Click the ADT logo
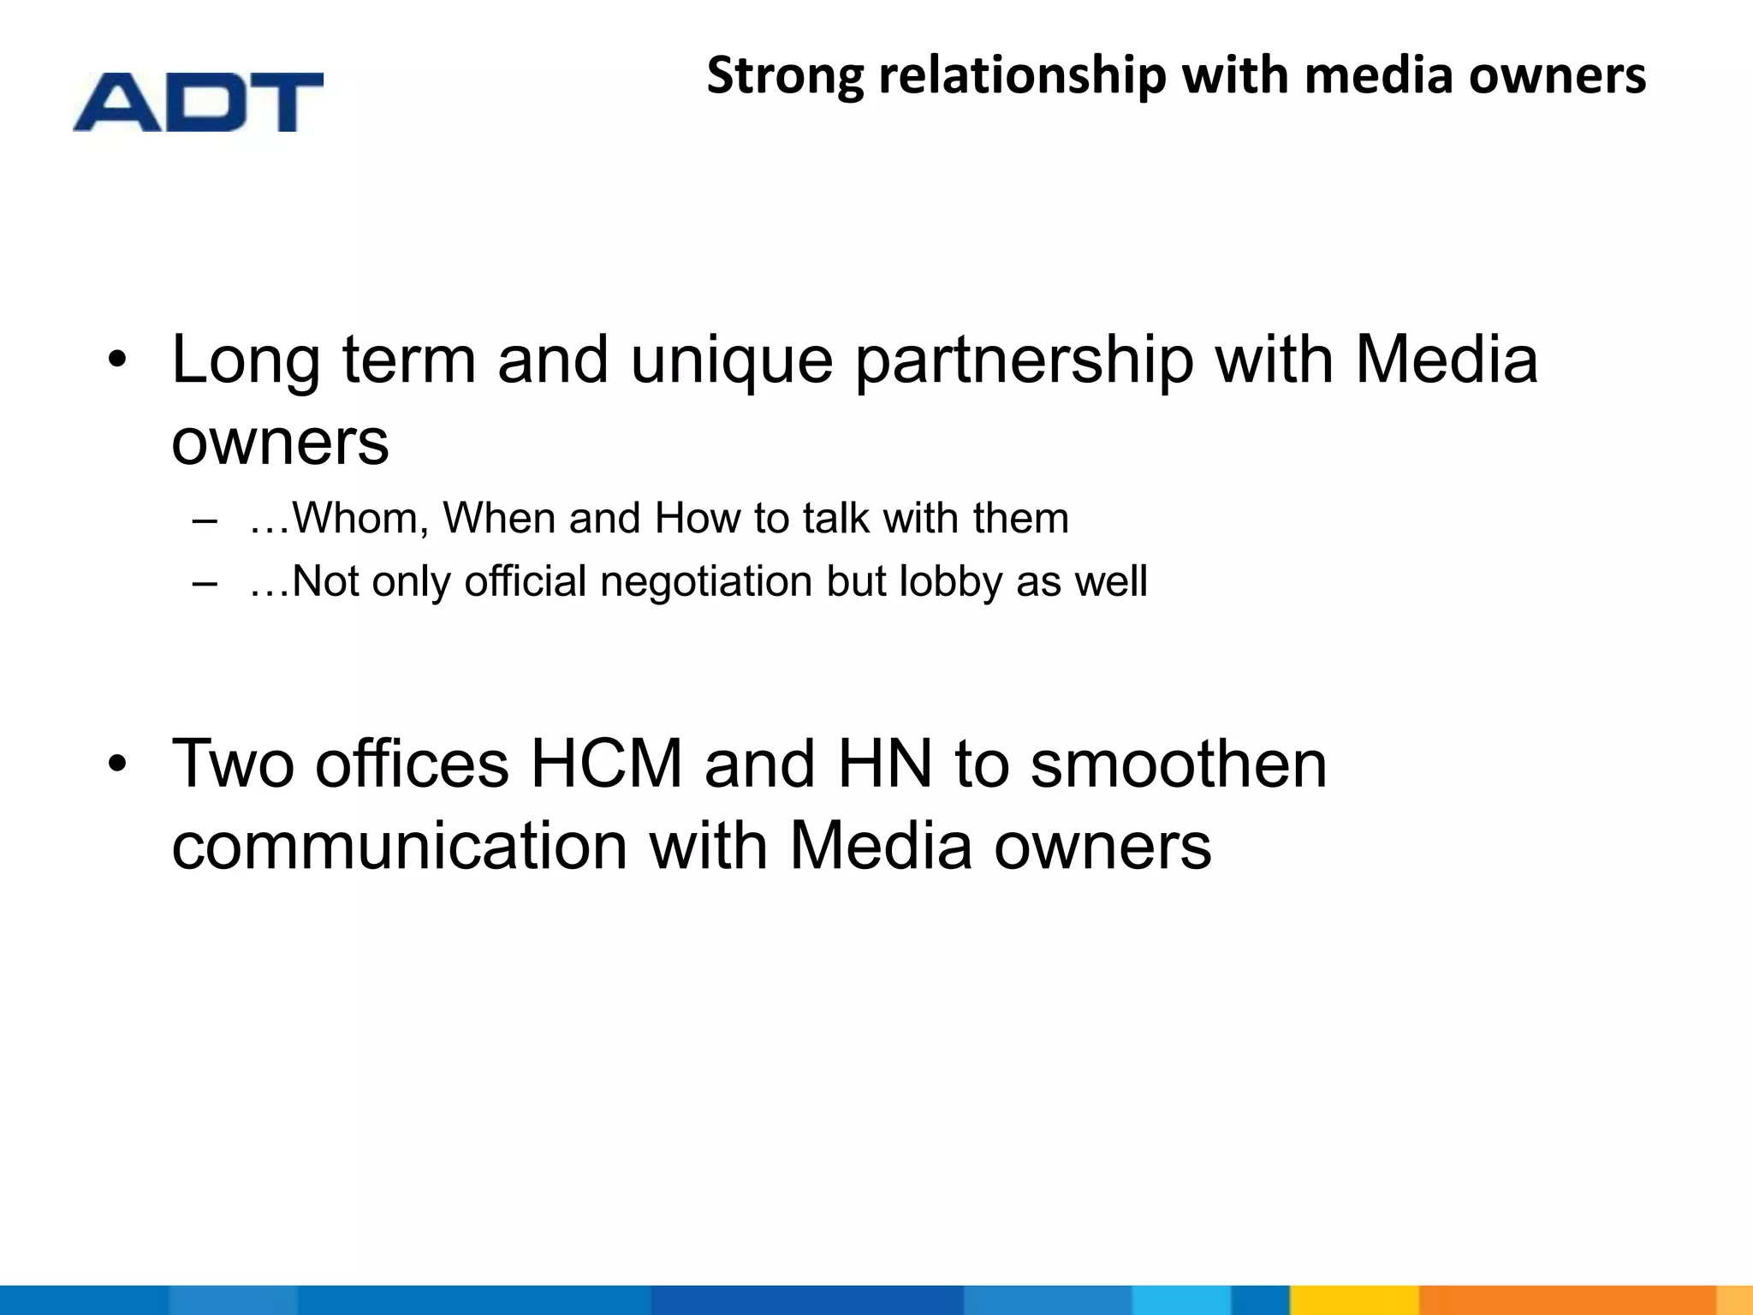click(x=198, y=102)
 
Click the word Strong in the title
click(x=785, y=75)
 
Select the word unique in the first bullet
click(x=731, y=360)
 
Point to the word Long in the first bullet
click(x=246, y=360)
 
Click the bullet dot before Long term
click(x=117, y=360)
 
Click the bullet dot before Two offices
click(x=117, y=764)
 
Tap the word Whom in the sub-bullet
click(x=359, y=518)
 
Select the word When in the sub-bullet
click(x=498, y=518)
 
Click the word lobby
click(x=949, y=581)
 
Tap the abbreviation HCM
click(x=606, y=764)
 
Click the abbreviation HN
click(x=884, y=764)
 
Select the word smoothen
click(x=1178, y=764)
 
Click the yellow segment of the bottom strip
click(x=1353, y=1300)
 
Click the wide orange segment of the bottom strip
click(x=1566, y=1300)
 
